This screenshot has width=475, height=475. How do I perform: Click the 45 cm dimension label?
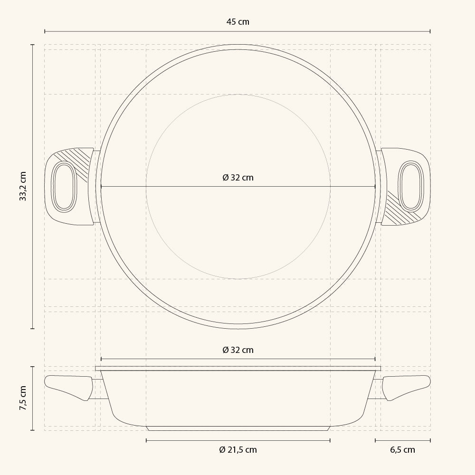coord(238,22)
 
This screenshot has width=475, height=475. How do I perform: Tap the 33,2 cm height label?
coord(23,186)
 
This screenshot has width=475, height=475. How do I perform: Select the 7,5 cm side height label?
coord(23,398)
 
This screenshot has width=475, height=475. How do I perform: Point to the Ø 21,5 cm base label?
coord(238,449)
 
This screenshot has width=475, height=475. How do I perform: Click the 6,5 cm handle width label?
coord(402,449)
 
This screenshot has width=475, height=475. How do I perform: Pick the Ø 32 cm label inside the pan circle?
coord(238,178)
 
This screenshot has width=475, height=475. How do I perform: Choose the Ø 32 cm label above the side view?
coord(238,350)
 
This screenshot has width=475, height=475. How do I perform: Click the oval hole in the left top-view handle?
coord(64,186)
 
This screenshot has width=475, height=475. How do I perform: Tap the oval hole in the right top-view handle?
coord(411,186)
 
